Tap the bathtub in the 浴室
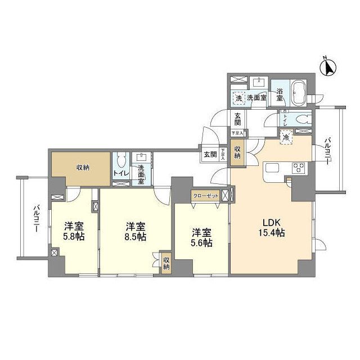point(298,92)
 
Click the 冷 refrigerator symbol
point(287,137)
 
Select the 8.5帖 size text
point(136,237)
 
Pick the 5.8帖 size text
point(74,237)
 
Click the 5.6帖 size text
point(201,243)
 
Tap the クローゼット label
point(205,195)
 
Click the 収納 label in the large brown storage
point(83,167)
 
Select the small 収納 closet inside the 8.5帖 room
point(166,263)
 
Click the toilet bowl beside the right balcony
point(303,119)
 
